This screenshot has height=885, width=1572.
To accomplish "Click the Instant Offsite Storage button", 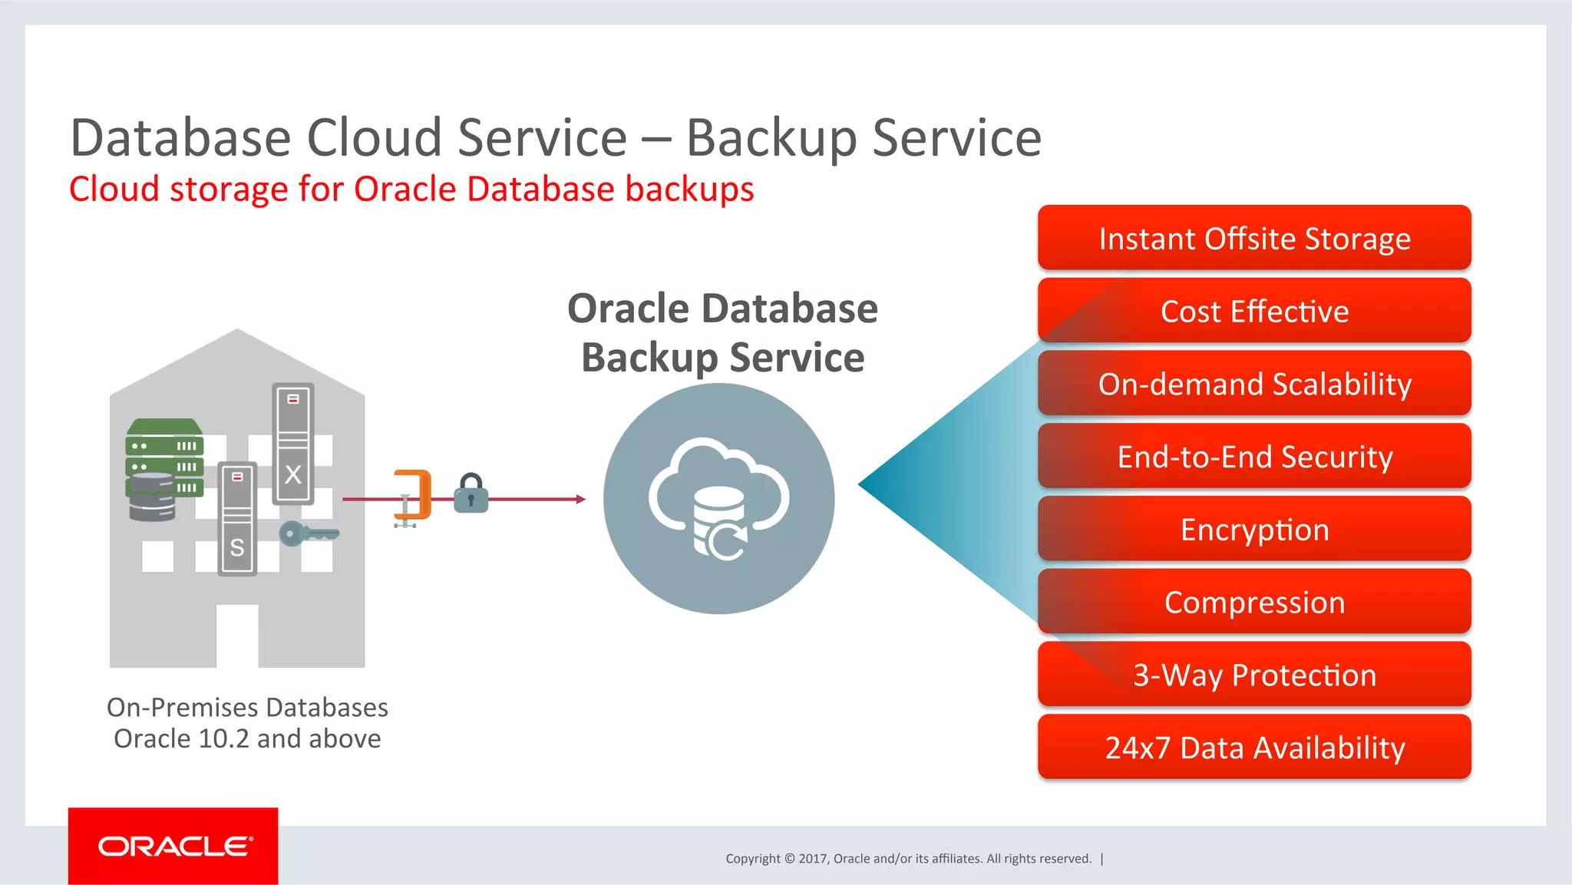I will click(1253, 238).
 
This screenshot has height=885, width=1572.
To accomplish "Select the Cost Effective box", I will click(1253, 311).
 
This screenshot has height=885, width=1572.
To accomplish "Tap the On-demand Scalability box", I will click(1253, 384).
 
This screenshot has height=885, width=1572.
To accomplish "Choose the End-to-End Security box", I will click(1253, 457).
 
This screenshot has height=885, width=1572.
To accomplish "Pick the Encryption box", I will click(1253, 530).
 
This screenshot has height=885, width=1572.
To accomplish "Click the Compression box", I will click(1253, 603).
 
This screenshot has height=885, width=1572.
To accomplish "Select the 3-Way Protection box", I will click(1253, 675).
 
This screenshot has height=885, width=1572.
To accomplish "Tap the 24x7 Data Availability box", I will click(1253, 748).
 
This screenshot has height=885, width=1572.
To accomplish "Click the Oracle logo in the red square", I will click(173, 846).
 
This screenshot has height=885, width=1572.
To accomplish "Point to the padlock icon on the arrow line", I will click(471, 494).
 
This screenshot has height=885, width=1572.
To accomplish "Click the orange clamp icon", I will click(413, 497).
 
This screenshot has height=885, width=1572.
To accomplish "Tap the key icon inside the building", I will click(308, 533).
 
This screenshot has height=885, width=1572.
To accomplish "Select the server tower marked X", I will click(293, 444).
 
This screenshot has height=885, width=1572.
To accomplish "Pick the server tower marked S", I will click(237, 519).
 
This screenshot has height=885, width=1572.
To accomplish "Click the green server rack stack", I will click(164, 457).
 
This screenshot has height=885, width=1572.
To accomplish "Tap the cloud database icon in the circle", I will click(719, 500).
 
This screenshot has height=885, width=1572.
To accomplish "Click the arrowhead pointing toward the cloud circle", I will click(581, 499).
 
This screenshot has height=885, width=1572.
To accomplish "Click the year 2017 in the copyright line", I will click(812, 858).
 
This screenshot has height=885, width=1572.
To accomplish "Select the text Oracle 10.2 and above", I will click(247, 738).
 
